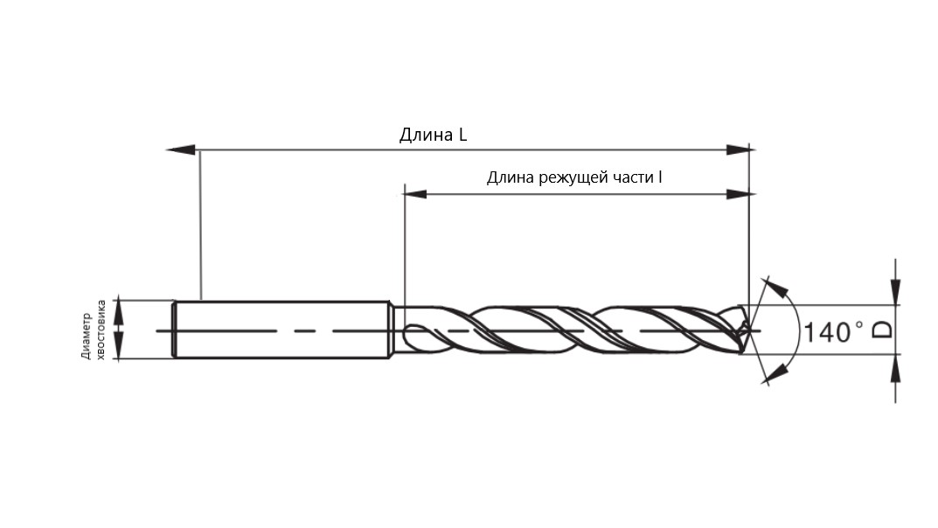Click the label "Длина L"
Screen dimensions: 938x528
[433, 135]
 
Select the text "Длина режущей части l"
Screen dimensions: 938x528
[574, 177]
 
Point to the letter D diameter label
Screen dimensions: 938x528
[882, 330]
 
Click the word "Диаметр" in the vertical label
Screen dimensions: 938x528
[87, 336]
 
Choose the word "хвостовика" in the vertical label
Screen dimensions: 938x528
[101, 330]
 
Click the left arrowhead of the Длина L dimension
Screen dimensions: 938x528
[181, 149]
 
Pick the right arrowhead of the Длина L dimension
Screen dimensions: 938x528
[738, 149]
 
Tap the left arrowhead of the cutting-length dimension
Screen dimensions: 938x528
[416, 194]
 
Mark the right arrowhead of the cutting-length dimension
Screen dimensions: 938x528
[738, 194]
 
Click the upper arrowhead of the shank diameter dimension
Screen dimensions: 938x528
[118, 312]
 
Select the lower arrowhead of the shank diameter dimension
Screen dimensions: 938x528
[118, 347]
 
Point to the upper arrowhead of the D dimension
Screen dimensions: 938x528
[895, 292]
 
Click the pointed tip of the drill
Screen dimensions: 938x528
[750, 330]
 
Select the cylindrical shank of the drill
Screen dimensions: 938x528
[281, 330]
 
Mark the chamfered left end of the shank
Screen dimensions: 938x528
[175, 330]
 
